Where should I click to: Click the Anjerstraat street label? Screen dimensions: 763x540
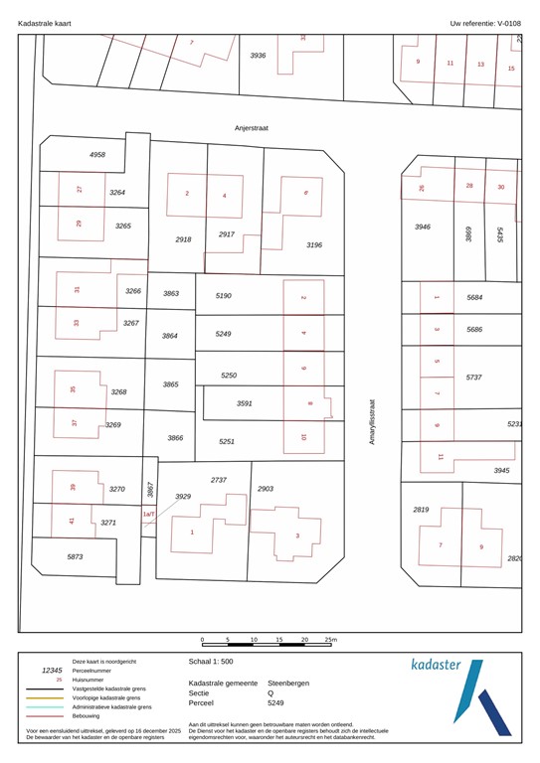tap(252, 128)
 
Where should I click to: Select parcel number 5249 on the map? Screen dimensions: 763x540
tap(223, 335)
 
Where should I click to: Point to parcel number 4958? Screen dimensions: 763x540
tap(96, 155)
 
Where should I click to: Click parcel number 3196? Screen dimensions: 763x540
tap(314, 244)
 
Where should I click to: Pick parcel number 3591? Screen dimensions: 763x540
tap(244, 403)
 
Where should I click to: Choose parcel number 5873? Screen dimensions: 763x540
tap(75, 557)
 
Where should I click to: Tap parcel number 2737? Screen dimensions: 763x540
tap(219, 480)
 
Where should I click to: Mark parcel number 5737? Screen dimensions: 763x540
tap(474, 378)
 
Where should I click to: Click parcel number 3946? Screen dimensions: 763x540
tap(423, 228)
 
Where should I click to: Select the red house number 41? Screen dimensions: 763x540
tap(72, 522)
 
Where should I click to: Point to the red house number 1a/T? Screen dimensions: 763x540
tap(149, 515)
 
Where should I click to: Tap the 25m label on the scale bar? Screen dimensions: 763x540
tap(332, 640)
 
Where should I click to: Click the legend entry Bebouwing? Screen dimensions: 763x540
tap(90, 715)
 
